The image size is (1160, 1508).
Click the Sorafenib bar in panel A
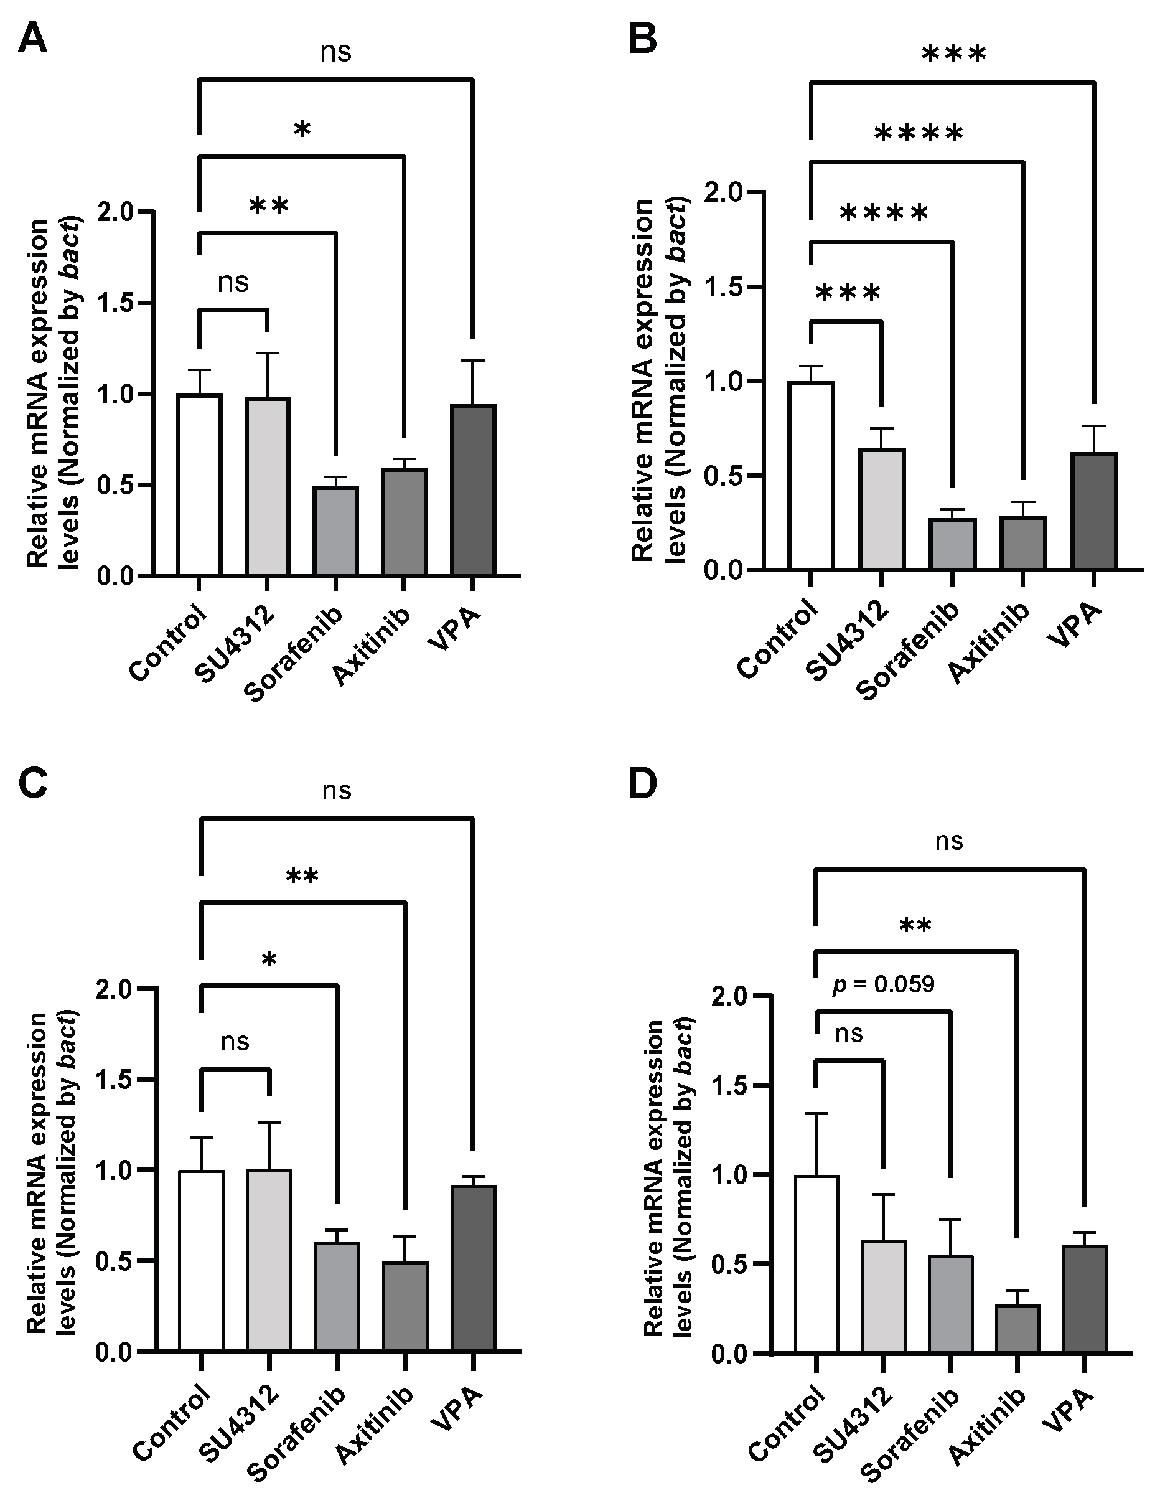click(335, 530)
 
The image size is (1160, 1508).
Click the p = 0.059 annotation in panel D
click(883, 984)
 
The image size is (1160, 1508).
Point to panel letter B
click(642, 40)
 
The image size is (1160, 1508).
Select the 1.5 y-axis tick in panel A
click(115, 303)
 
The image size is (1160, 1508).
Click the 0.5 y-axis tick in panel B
click(723, 476)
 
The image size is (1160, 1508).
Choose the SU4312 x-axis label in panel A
click(235, 644)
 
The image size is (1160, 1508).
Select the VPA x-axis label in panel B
click(1075, 626)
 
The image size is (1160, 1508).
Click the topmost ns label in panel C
click(337, 791)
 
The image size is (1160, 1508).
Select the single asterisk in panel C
click(269, 959)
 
